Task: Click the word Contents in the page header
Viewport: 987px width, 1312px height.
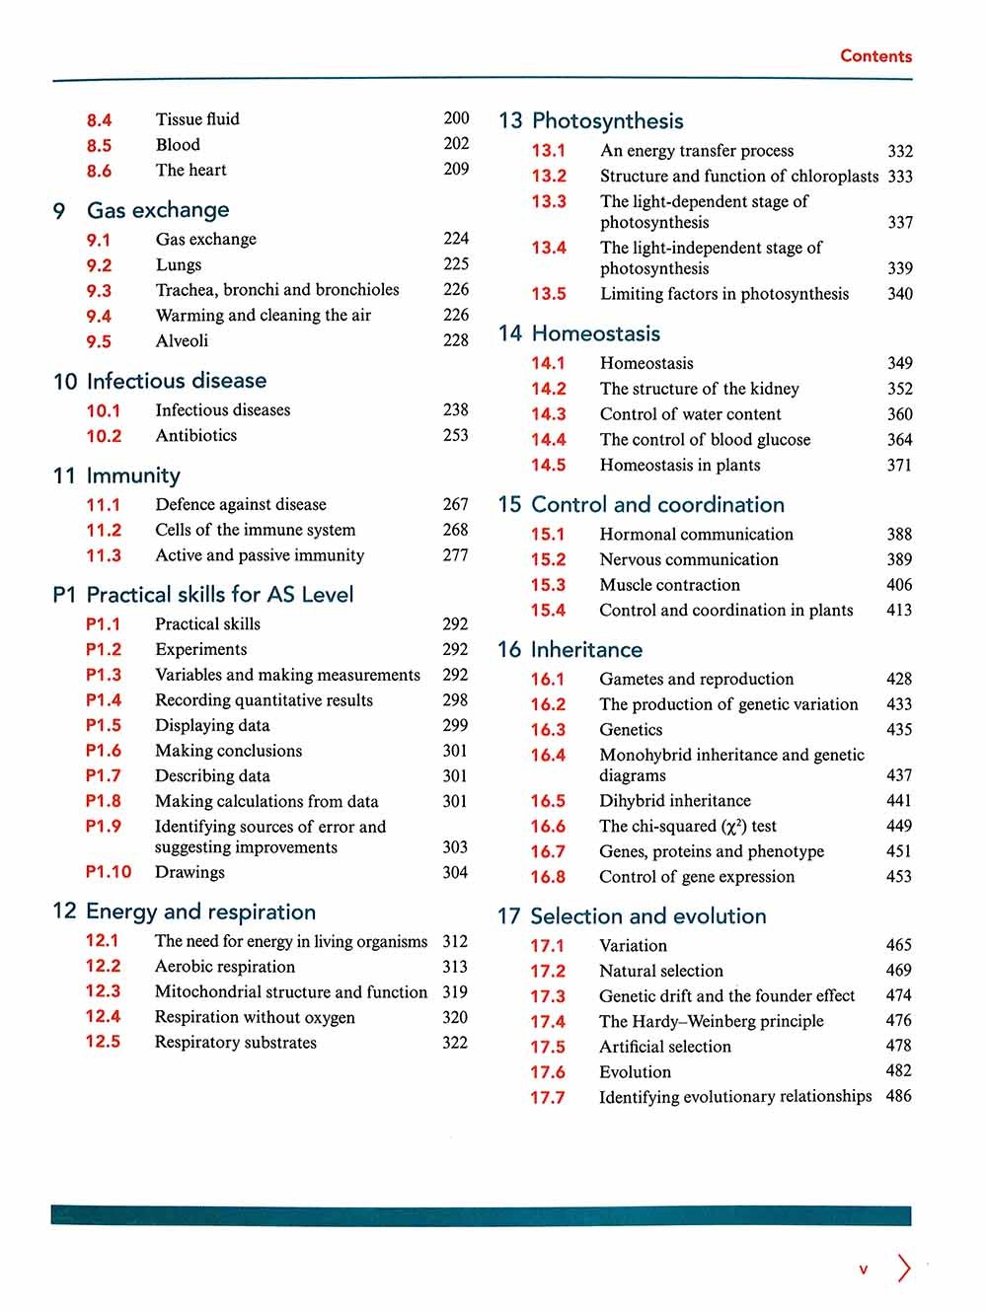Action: tap(875, 56)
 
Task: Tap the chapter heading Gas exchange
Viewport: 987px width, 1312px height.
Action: tap(158, 210)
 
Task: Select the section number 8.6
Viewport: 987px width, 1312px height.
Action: tap(99, 171)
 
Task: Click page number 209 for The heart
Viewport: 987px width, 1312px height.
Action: tap(456, 169)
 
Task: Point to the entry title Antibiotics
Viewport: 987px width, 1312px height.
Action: tap(195, 435)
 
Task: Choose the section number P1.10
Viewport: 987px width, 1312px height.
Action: tap(109, 872)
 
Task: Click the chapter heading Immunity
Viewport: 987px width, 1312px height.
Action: tap(133, 475)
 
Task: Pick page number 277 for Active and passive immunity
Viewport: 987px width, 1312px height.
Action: tap(455, 555)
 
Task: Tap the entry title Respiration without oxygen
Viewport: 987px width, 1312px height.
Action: tap(255, 1017)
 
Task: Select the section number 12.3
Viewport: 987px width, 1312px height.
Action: tap(103, 991)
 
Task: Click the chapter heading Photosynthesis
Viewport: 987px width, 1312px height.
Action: tap(607, 121)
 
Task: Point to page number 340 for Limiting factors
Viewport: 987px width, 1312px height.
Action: tap(899, 294)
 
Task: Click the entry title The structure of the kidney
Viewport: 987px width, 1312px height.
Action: tap(699, 389)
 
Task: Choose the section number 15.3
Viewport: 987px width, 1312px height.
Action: tap(548, 585)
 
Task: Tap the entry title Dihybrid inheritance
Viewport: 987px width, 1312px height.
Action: tap(674, 801)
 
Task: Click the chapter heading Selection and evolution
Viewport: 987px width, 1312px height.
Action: tap(647, 916)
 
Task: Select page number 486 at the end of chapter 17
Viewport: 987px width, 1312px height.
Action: tap(898, 1096)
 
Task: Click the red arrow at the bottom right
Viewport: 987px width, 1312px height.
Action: tap(904, 1268)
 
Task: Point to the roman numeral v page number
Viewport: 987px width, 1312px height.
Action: tap(863, 1270)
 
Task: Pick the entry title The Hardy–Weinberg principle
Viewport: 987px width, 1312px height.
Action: tap(711, 1021)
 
